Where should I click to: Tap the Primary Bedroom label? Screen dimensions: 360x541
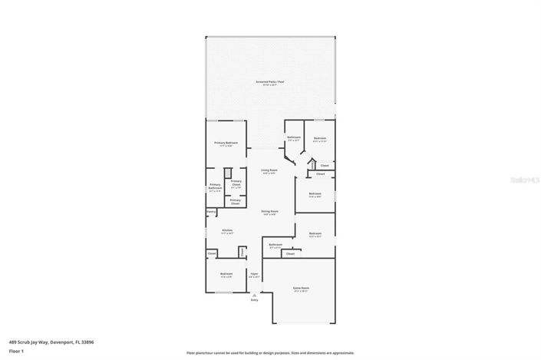[226, 144]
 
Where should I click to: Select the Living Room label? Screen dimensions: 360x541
[269, 170]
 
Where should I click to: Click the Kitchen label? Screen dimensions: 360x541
[227, 230]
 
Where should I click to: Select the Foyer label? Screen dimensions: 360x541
[254, 273]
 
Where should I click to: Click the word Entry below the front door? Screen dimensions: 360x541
[255, 299]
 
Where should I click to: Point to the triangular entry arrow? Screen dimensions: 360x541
[255, 293]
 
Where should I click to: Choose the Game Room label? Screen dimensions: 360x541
[300, 289]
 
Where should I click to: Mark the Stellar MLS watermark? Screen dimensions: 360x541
[525, 179]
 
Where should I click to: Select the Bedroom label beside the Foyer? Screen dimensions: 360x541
[226, 274]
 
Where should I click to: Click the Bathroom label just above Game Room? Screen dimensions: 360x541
[275, 245]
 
